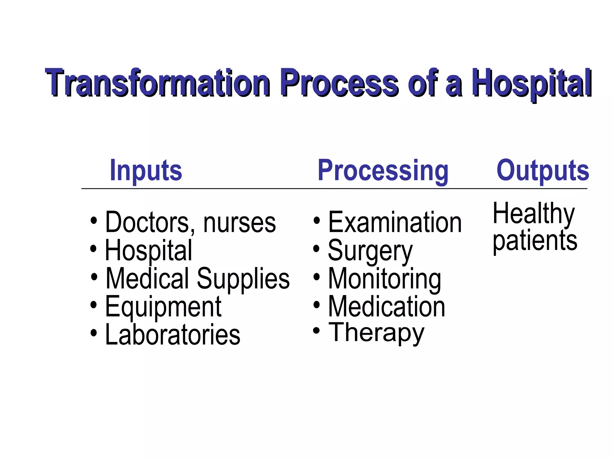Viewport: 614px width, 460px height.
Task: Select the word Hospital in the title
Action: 531,83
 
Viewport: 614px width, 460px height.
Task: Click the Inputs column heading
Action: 146,170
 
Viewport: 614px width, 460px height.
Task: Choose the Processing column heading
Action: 383,170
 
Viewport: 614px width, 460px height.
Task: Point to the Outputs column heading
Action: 543,170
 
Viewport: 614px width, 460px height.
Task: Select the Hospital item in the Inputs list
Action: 148,250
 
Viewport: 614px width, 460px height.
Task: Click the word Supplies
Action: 243,279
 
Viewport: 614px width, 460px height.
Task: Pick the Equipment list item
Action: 163,307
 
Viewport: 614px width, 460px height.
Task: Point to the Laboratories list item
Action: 173,335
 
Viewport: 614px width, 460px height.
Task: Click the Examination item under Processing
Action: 395,222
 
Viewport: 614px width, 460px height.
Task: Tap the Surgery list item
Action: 370,251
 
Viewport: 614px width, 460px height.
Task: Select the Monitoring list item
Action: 385,279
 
